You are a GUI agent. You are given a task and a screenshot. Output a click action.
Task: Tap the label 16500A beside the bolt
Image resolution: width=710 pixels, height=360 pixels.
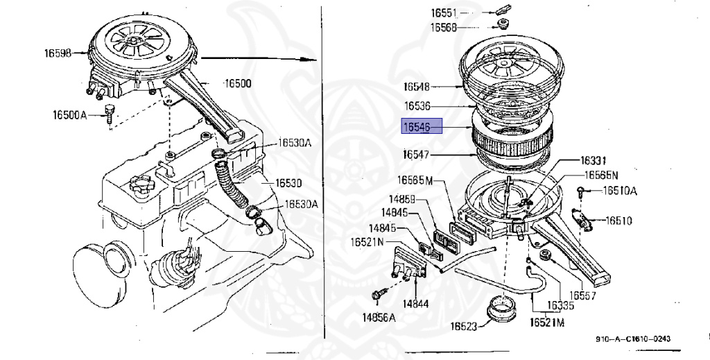point(69,114)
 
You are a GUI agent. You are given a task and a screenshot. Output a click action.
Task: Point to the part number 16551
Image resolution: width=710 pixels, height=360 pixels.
point(444,13)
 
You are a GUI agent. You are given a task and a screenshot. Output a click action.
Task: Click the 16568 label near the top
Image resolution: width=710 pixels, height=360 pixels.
point(444,27)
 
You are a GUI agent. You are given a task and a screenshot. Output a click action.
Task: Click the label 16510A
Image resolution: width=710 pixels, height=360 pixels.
point(619,191)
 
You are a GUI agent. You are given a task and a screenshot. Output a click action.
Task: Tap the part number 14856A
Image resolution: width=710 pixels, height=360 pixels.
point(378,318)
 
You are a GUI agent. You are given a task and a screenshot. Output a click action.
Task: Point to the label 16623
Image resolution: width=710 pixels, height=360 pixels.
point(464,325)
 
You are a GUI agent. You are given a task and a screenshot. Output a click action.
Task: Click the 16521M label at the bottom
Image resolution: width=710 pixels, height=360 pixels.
point(547,323)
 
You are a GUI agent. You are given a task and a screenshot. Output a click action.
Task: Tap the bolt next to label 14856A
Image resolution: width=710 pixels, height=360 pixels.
point(377,295)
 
